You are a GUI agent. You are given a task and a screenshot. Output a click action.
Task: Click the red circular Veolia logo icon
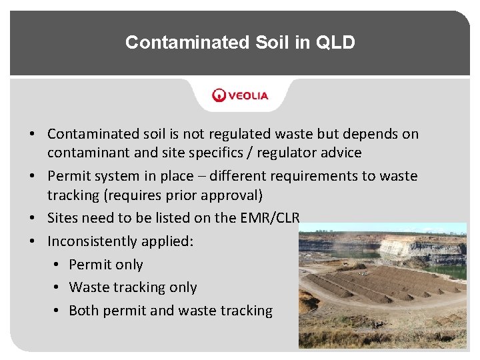pos(219,95)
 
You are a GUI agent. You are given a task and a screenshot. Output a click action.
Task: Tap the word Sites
pos(64,218)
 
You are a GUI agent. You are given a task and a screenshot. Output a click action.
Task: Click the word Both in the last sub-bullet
pos(84,311)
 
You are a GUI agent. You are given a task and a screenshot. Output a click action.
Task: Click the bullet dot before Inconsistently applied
pos(33,241)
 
